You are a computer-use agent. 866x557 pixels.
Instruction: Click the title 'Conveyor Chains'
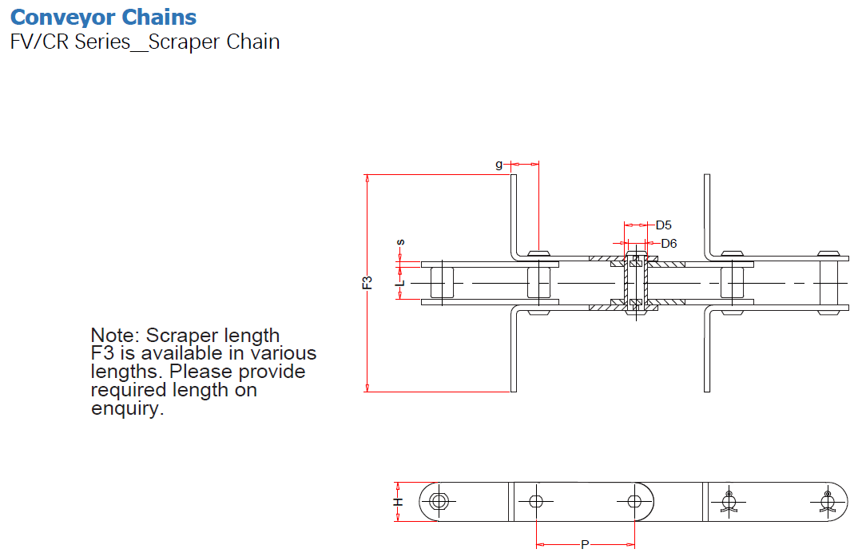(104, 17)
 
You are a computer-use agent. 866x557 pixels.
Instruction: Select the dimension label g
(499, 165)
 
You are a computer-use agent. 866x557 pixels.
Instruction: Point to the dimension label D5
(663, 225)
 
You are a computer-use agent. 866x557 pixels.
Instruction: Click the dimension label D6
(669, 243)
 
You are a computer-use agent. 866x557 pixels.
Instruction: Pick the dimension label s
(400, 241)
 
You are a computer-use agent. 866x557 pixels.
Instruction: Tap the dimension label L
(402, 282)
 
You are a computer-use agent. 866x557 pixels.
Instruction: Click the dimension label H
(397, 502)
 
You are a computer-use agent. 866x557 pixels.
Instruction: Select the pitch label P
(585, 545)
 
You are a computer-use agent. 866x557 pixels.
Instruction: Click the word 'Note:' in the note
(115, 335)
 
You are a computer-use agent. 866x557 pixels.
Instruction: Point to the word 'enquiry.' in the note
(127, 409)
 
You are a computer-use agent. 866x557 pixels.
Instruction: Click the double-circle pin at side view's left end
(439, 502)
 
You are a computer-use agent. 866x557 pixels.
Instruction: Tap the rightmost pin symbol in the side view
(827, 502)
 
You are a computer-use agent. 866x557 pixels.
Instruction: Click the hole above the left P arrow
(535, 502)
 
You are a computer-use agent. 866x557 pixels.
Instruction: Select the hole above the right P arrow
(634, 502)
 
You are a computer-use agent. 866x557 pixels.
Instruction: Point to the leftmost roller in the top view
(442, 282)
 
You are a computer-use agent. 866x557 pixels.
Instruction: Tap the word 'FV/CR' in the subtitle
(40, 42)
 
